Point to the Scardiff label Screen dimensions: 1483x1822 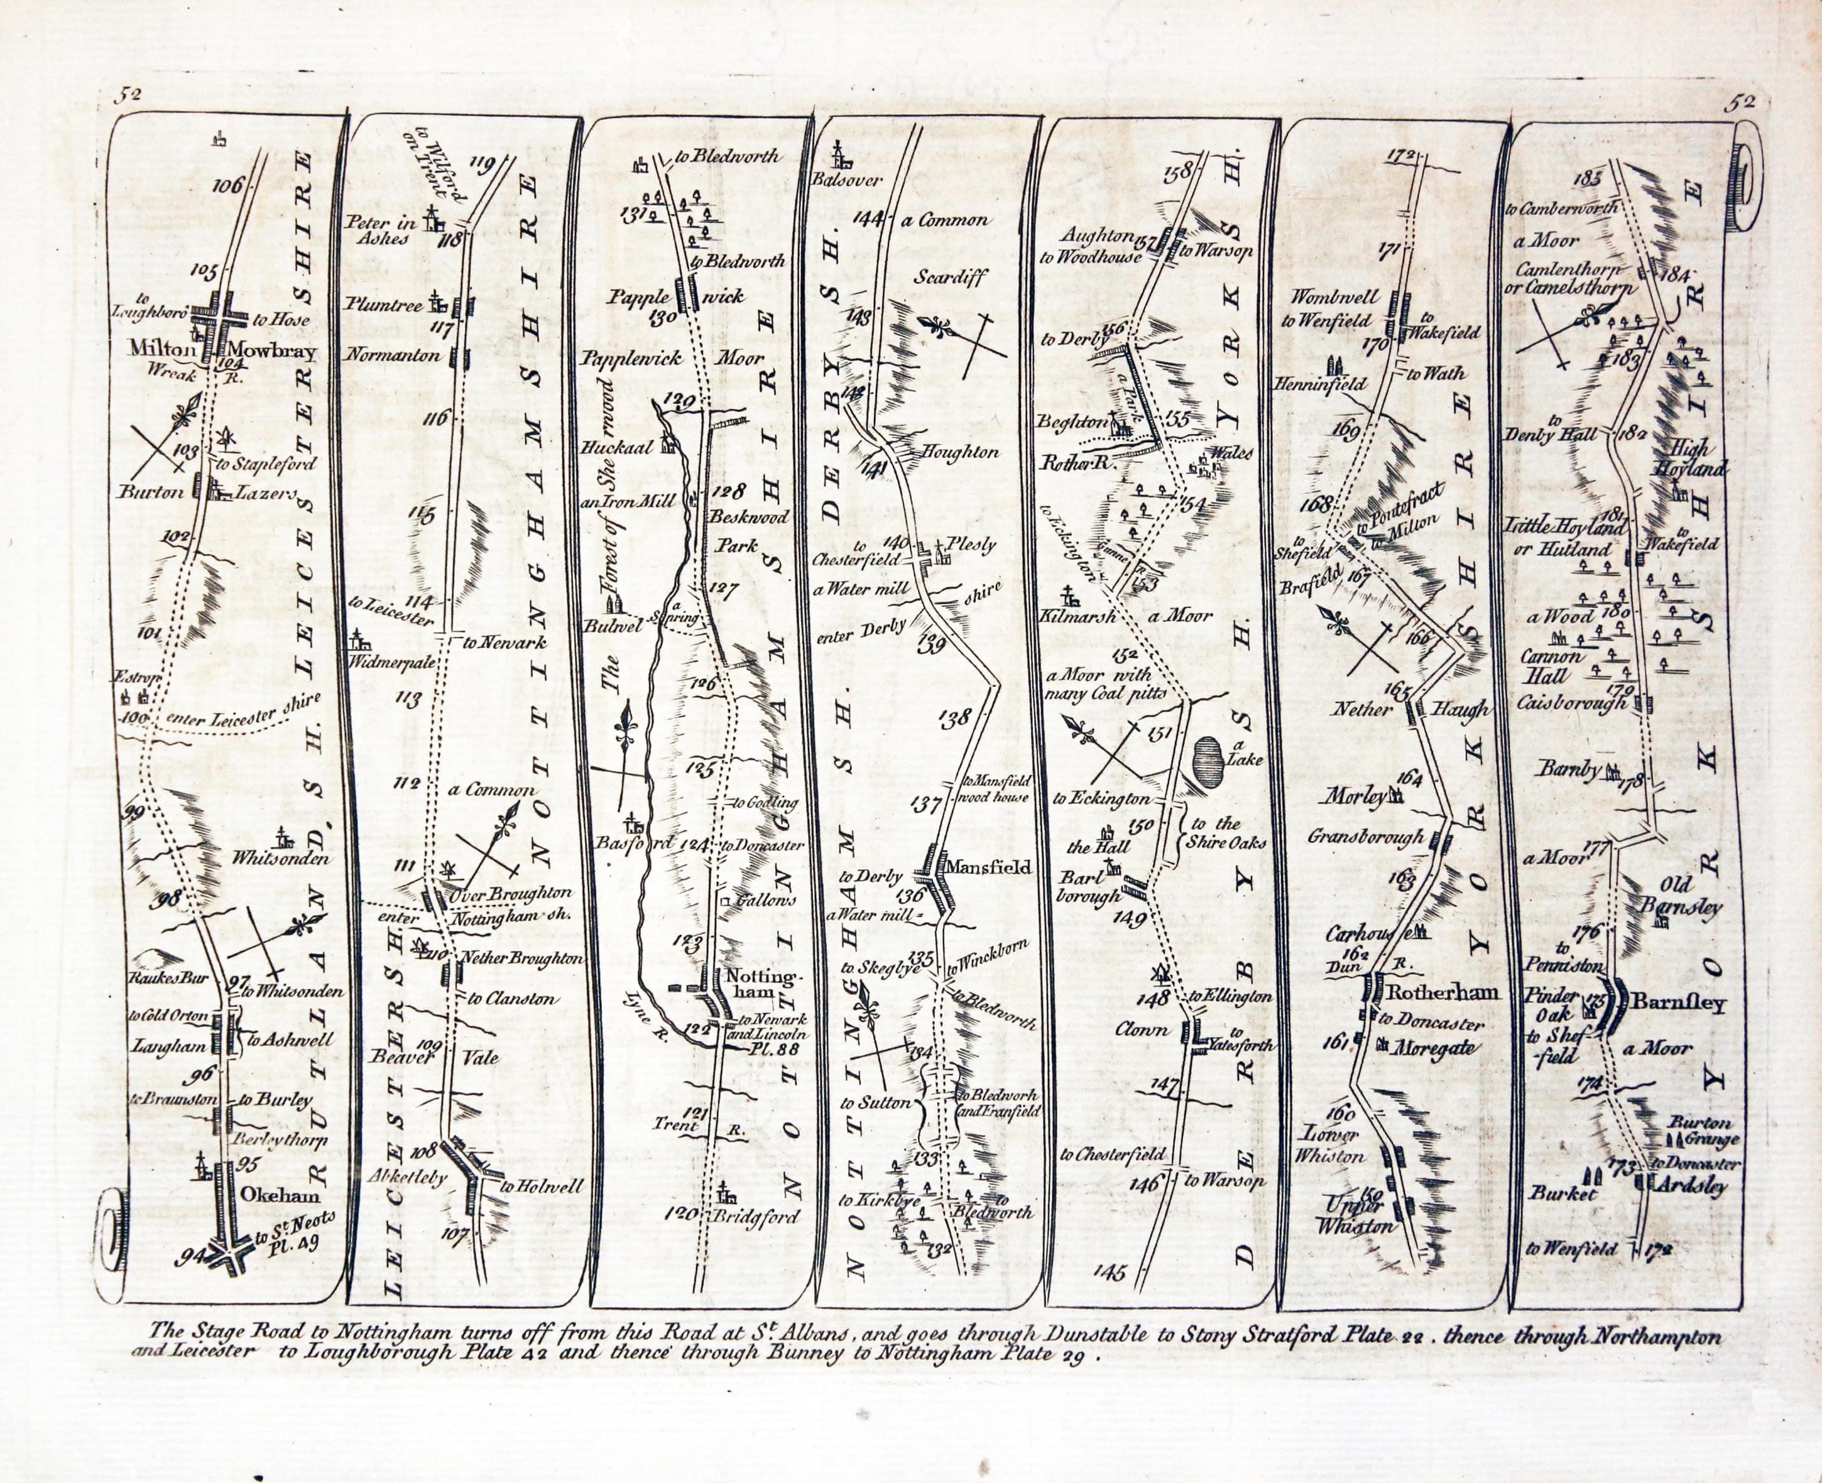pos(951,277)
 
